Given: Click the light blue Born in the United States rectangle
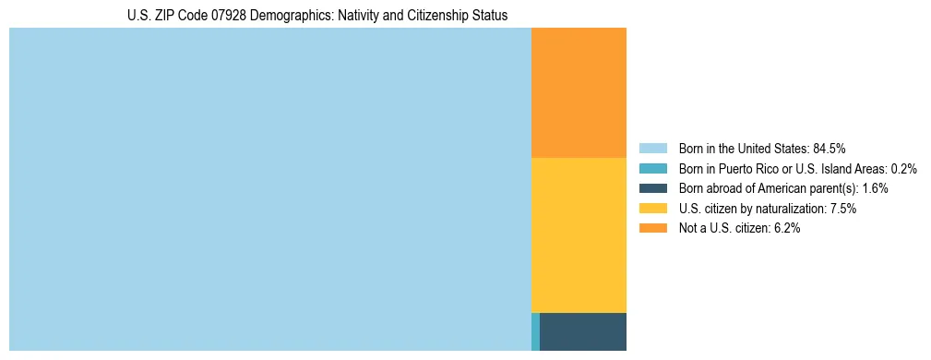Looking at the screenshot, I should point(269,189).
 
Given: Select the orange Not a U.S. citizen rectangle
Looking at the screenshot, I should point(579,92).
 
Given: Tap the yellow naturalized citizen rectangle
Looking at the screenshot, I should point(579,235).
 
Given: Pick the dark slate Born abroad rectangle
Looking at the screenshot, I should point(582,331).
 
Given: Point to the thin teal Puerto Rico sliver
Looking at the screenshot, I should point(535,331).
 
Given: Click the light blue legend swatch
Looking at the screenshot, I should point(652,148).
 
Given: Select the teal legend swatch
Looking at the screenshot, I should point(652,168).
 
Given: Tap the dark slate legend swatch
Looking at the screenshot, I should point(652,188).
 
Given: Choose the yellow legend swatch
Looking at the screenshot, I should point(652,209).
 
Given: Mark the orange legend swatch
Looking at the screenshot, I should point(652,228).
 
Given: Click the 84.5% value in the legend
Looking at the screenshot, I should point(830,148).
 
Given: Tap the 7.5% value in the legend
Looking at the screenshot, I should point(843,209).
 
